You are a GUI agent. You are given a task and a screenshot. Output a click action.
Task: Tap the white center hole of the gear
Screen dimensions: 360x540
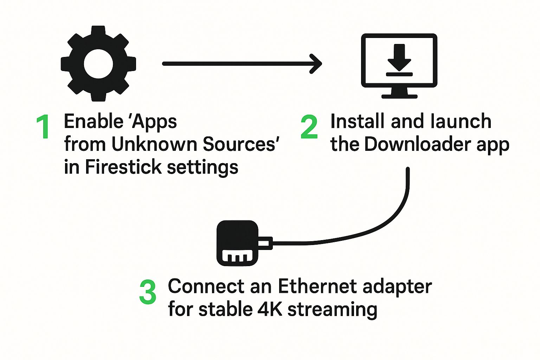click(x=98, y=64)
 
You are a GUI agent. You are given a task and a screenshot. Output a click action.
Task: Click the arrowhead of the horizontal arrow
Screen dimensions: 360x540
click(x=316, y=64)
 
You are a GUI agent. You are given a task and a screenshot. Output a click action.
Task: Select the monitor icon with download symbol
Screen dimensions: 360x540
click(x=399, y=65)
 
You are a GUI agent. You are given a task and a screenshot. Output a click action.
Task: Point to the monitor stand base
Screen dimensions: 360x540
click(x=399, y=96)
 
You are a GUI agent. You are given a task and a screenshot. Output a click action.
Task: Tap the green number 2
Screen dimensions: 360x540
click(x=309, y=127)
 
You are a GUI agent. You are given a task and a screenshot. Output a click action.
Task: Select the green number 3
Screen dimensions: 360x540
click(x=148, y=292)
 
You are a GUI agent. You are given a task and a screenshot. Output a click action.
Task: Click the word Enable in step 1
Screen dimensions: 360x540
click(x=93, y=122)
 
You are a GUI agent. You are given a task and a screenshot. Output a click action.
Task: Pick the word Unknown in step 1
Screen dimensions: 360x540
click(x=155, y=144)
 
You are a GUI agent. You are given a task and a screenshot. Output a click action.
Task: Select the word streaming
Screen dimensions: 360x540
click(x=332, y=310)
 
